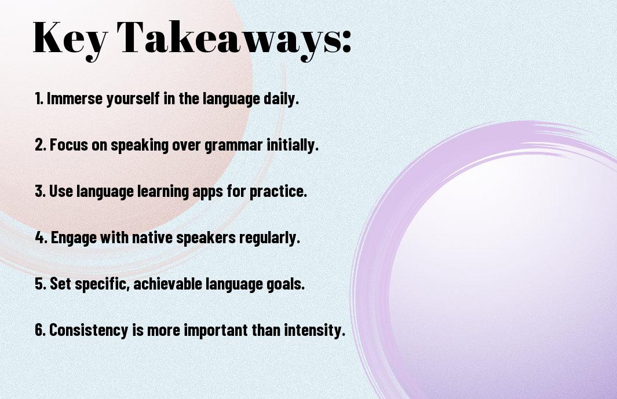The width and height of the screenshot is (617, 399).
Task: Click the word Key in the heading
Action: click(70, 39)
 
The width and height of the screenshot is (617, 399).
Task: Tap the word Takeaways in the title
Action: click(229, 39)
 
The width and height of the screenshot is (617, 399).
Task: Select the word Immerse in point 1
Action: click(75, 98)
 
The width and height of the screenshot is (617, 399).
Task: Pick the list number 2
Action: click(41, 145)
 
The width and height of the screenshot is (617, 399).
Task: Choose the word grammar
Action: click(233, 145)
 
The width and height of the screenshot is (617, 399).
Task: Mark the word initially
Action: click(293, 145)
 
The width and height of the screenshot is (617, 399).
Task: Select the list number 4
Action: click(41, 237)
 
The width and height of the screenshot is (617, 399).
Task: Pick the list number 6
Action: click(41, 330)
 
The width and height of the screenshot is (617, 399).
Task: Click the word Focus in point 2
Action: click(69, 145)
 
